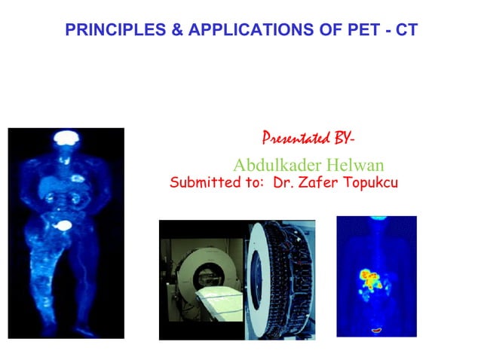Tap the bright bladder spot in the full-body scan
pos(65,224)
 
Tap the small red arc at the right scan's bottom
pos(376,329)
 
